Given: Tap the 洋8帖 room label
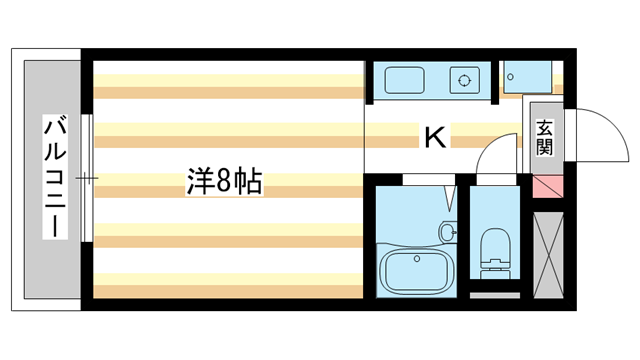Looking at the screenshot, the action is [224, 181].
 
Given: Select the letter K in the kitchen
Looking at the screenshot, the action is [435, 136].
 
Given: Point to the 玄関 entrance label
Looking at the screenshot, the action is [544, 138].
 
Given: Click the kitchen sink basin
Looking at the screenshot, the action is [405, 79].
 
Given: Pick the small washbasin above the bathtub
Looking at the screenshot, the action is [447, 232].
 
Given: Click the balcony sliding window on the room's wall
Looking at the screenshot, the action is [88, 179].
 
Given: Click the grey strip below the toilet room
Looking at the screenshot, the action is [494, 294].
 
